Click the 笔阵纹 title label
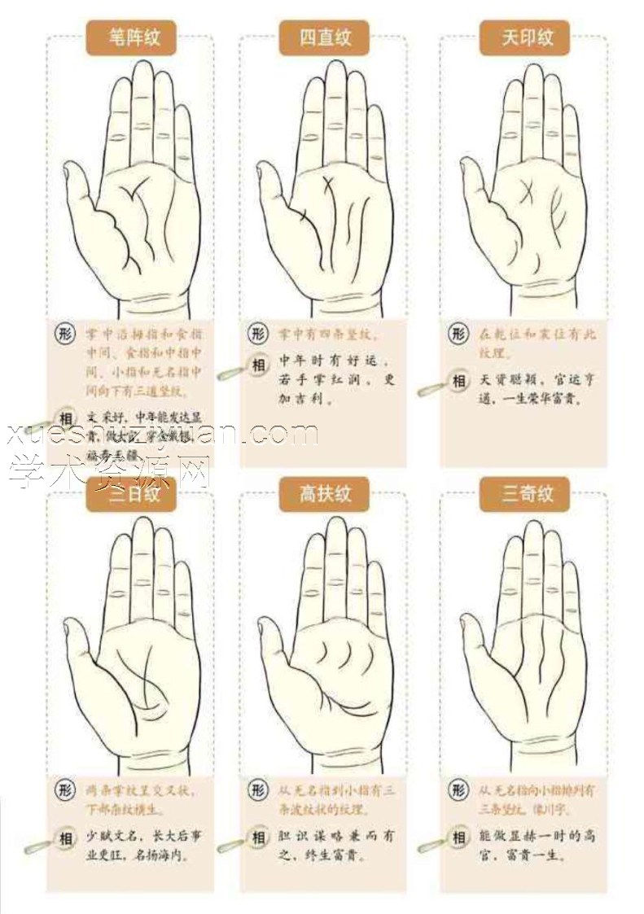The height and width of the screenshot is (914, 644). coord(132,37)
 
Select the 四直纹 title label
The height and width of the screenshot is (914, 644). coord(324,37)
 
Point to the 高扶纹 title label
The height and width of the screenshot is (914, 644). coord(324,494)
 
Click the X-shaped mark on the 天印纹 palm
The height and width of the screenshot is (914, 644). coord(525,193)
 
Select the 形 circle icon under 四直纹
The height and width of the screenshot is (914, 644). coord(258,334)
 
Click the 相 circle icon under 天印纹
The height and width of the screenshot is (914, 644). coord(460,381)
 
